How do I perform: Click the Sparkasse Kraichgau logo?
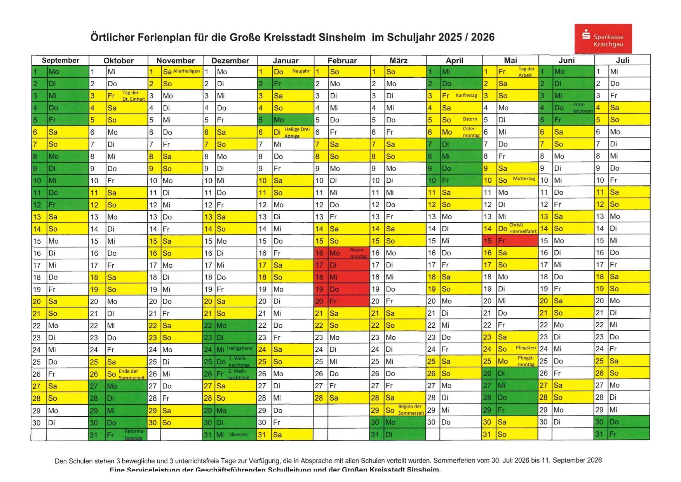(603, 38)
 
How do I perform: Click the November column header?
(175, 61)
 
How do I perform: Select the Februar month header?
(342, 61)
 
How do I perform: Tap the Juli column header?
(622, 60)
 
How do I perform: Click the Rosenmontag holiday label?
(358, 253)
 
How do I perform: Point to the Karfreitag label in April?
(466, 96)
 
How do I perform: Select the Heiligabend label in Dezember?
(240, 348)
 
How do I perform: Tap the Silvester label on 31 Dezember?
(238, 435)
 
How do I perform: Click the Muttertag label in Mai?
(524, 179)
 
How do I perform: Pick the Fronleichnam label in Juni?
(582, 108)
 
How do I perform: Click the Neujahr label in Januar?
(301, 71)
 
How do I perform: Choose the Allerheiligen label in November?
(186, 71)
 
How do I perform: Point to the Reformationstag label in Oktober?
(134, 435)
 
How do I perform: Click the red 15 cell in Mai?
(488, 241)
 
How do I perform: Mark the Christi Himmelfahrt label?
(523, 228)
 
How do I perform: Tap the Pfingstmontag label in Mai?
(526, 361)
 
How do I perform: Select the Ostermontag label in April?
(470, 132)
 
